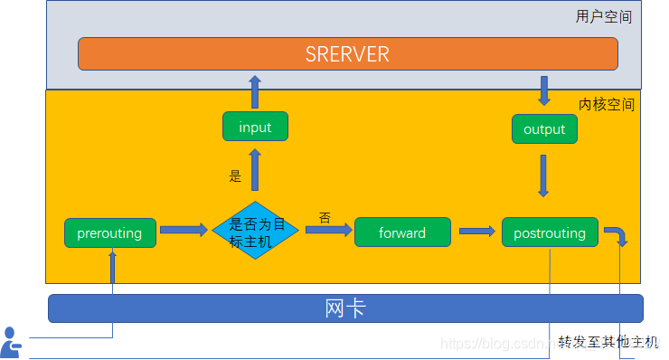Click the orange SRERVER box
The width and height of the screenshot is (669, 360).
(347, 54)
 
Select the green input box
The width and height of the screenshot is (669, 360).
(255, 127)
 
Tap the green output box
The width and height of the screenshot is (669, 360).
(544, 128)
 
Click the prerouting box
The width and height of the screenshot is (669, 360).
(109, 232)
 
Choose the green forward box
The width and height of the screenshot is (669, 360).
(402, 232)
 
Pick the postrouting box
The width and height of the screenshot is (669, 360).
(550, 232)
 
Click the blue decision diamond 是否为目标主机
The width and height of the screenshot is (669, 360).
(256, 231)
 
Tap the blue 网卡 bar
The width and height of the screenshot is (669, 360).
(345, 308)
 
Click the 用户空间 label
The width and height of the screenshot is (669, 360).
(603, 16)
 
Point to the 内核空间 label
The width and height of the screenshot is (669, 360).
(606, 104)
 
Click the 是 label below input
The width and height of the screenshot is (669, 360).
(235, 176)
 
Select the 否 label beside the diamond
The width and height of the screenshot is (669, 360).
(325, 217)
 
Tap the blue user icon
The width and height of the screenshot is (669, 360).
(11, 342)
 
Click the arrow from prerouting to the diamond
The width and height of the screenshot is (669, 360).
(184, 231)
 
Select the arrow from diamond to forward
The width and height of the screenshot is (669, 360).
(328, 231)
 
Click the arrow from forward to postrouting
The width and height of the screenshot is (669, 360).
(477, 232)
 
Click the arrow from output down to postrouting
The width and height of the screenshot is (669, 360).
(543, 175)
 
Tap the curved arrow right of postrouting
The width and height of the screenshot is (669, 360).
(617, 235)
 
